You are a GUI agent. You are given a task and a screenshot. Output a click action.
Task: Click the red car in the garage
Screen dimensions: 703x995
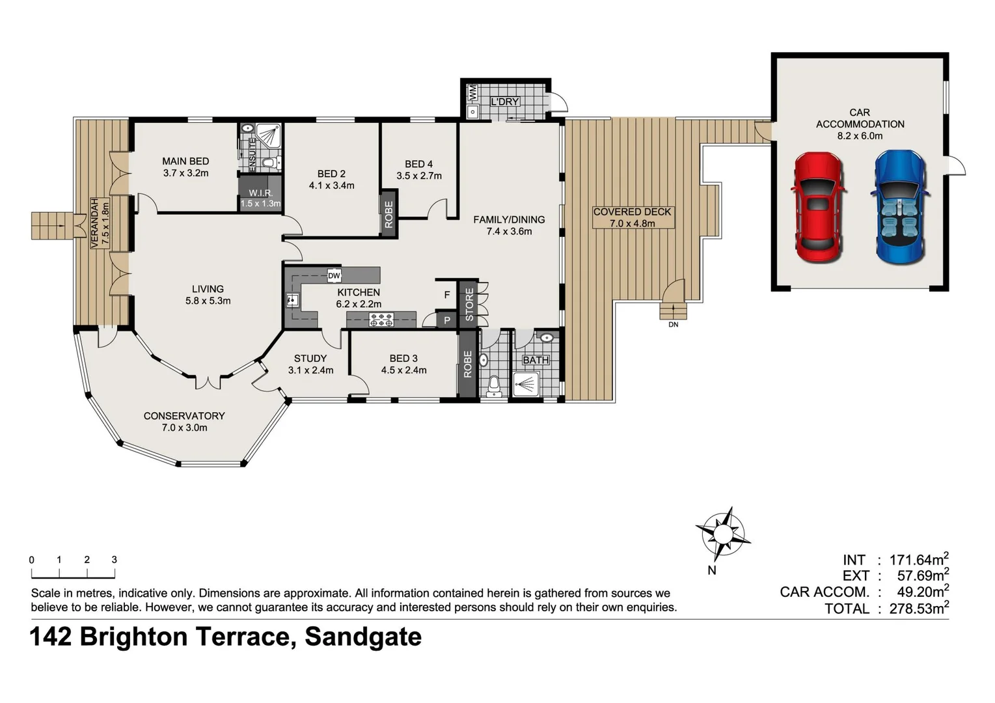[819, 207]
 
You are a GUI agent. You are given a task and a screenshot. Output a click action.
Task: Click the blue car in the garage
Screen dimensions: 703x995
[900, 207]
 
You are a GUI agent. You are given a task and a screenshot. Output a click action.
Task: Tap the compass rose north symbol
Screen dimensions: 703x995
[722, 534]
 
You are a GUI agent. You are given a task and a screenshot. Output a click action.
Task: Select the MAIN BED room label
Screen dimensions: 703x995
[185, 161]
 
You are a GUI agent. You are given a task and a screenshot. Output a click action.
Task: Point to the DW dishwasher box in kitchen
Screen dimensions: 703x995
[334, 275]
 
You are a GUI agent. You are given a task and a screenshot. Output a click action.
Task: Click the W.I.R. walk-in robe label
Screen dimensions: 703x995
[260, 193]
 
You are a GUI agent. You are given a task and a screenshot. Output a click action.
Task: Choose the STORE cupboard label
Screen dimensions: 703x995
[469, 305]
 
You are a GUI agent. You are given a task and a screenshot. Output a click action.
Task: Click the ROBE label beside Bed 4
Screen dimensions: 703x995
[388, 214]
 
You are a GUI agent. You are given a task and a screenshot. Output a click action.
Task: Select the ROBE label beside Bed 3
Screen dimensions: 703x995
[467, 365]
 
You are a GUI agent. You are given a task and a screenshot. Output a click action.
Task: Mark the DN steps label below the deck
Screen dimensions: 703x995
[673, 324]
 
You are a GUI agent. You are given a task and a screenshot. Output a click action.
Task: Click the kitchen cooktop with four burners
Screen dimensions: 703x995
[381, 319]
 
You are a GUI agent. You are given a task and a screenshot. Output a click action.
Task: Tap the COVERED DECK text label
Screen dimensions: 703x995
[632, 212]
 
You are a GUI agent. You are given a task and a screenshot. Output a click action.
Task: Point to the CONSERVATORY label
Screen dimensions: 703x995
[184, 415]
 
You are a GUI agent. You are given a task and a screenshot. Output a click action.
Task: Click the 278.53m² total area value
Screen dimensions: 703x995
[918, 609]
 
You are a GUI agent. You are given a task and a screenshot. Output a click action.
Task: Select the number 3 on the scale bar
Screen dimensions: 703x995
[115, 560]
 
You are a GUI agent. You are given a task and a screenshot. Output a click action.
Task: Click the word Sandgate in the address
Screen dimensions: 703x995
[363, 636]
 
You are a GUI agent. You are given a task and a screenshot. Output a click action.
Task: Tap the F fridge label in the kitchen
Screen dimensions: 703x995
[447, 295]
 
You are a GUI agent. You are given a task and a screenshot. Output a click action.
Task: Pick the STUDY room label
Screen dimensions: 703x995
[310, 358]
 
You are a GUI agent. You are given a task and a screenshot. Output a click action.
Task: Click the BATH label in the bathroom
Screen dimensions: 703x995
[536, 360]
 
